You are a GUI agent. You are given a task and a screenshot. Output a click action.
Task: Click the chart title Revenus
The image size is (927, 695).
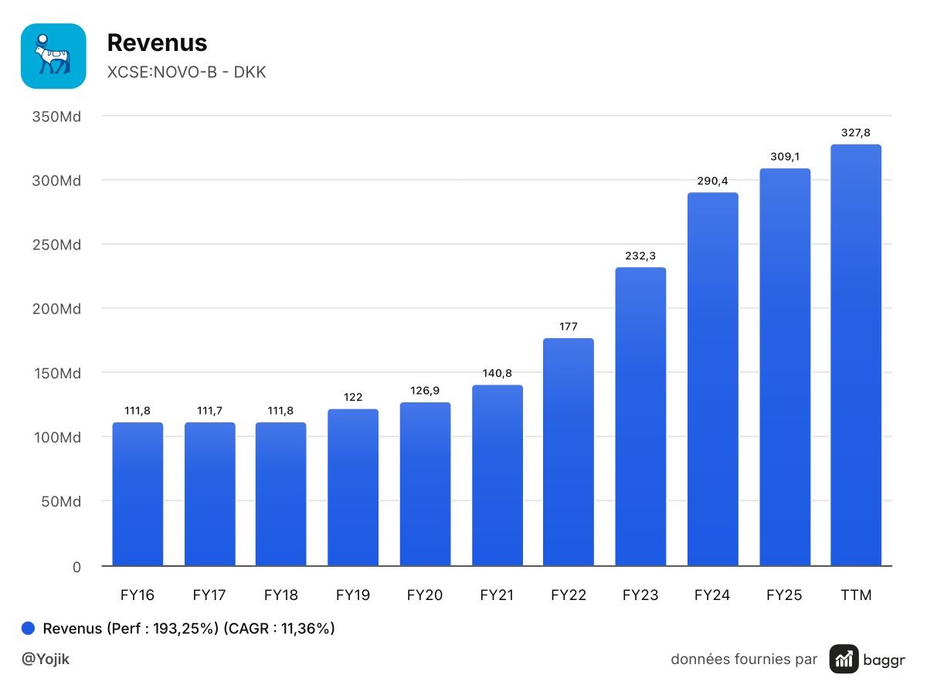157,42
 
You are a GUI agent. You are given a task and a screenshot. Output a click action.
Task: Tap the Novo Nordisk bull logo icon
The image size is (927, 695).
53,56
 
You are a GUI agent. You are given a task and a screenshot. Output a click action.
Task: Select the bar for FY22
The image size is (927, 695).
568,452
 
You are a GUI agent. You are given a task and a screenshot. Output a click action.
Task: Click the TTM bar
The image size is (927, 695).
856,355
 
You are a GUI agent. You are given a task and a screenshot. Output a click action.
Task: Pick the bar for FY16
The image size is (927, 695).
138,494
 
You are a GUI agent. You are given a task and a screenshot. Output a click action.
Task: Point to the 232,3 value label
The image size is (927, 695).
640,256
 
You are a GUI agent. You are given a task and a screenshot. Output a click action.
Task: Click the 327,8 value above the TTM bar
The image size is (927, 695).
856,133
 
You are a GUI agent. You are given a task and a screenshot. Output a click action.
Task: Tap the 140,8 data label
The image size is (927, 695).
497,373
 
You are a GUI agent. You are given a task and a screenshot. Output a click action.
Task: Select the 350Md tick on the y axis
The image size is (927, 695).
56,117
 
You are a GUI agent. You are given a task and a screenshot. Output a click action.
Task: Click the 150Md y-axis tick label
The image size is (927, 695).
57,373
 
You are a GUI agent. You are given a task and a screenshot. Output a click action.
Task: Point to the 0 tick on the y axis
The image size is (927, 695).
76,567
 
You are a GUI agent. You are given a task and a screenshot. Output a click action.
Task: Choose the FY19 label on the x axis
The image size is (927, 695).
352,595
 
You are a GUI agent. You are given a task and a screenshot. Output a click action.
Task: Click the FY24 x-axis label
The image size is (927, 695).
712,595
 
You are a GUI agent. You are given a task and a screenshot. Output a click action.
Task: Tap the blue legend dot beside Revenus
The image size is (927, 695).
28,628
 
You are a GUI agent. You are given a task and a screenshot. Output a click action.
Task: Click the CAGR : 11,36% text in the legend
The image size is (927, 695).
279,629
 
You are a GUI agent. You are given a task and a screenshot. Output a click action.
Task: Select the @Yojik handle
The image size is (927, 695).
45,659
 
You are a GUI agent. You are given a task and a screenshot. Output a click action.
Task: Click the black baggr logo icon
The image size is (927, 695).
844,659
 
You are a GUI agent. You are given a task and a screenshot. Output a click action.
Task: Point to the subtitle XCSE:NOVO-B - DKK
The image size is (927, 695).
186,72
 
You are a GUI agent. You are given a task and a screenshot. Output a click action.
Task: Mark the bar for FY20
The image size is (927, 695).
425,484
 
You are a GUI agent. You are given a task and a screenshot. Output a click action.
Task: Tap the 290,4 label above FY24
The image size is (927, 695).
712,181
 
